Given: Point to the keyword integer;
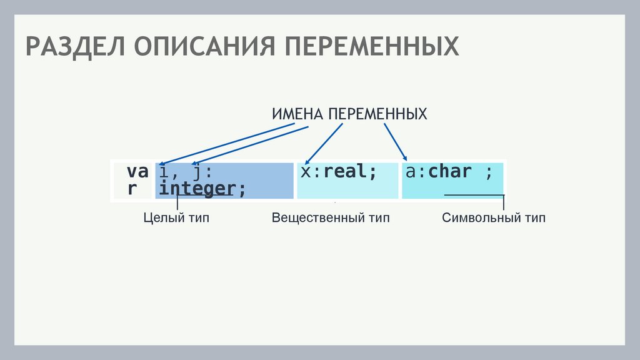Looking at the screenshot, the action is pos(202,189).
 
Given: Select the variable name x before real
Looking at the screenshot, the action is pos(305,172).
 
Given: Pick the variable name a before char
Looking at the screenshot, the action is pos(410,172).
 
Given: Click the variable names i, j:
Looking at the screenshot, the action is pos(186,172).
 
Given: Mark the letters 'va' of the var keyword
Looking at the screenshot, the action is pos(137,172).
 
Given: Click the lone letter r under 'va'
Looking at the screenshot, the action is pos(132,189).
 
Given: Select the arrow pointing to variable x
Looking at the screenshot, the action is pos(324,143).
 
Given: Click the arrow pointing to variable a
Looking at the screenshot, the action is pos(395,141).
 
